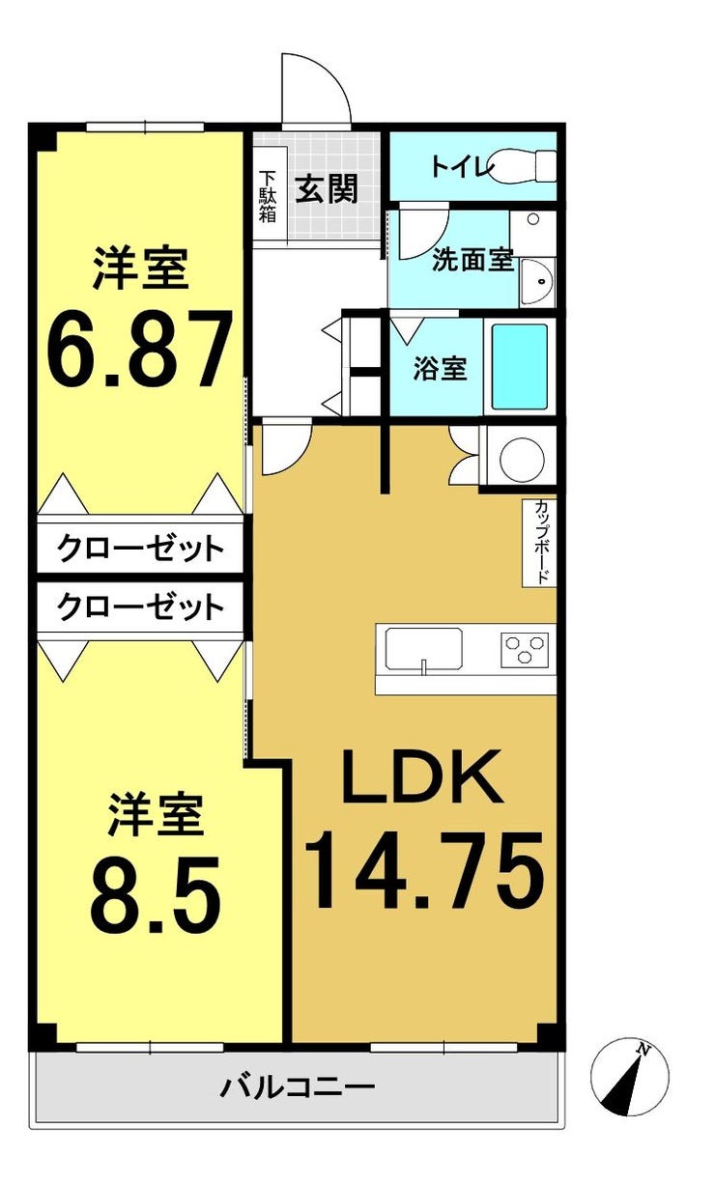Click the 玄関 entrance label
click(327, 188)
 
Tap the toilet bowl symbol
click(521, 166)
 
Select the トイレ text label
click(460, 166)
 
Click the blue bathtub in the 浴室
click(519, 366)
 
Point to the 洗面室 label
click(472, 260)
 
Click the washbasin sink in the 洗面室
click(537, 282)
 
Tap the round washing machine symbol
click(522, 456)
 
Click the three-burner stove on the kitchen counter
click(525, 650)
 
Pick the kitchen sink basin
click(423, 650)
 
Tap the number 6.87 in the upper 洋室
click(140, 348)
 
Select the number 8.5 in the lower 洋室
click(155, 907)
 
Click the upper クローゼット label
click(140, 549)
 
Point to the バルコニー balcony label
click(298, 1086)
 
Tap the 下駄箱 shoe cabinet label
click(268, 196)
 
